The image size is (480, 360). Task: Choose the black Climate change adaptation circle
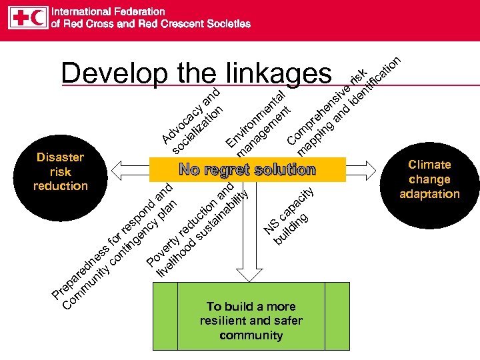(x=429, y=179)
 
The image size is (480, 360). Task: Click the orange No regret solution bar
(x=247, y=169)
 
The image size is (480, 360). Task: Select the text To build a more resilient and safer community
(x=251, y=321)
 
